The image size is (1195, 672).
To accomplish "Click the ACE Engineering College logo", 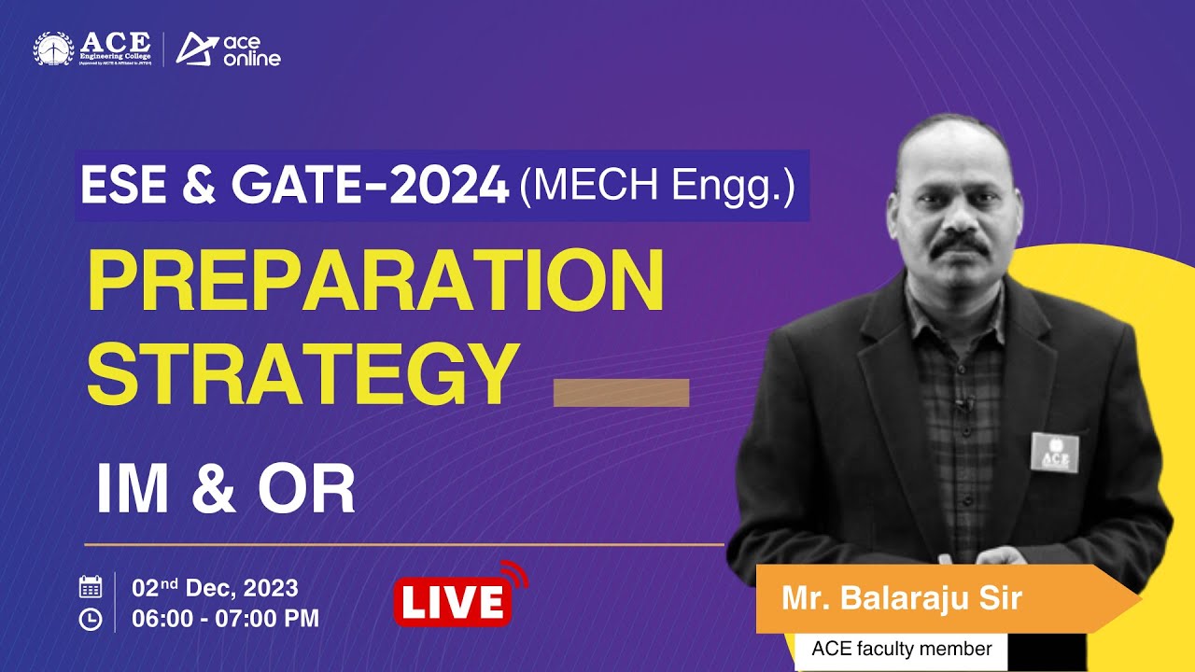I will [x=93, y=49].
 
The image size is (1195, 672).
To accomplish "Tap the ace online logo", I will [x=229, y=49].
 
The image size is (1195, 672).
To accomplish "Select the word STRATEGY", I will [x=303, y=373].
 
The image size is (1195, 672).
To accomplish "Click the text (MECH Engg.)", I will [x=657, y=187].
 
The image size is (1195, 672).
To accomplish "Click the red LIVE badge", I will [x=453, y=602].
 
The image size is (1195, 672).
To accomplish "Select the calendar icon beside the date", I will [x=91, y=587].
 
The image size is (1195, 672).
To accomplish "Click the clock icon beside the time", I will [x=91, y=619].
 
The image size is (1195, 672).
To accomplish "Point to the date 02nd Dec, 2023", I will [x=216, y=588].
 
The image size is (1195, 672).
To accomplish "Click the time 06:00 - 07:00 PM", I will [x=225, y=618].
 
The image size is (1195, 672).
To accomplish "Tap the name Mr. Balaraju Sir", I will [x=902, y=599].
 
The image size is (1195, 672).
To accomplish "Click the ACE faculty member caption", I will [x=901, y=649].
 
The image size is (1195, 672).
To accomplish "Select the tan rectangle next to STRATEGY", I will [x=621, y=393].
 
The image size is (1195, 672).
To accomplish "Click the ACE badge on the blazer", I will [x=1054, y=453].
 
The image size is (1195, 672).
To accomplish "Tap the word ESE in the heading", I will [x=115, y=187].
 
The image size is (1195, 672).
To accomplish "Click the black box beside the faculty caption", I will [x=1047, y=650].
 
